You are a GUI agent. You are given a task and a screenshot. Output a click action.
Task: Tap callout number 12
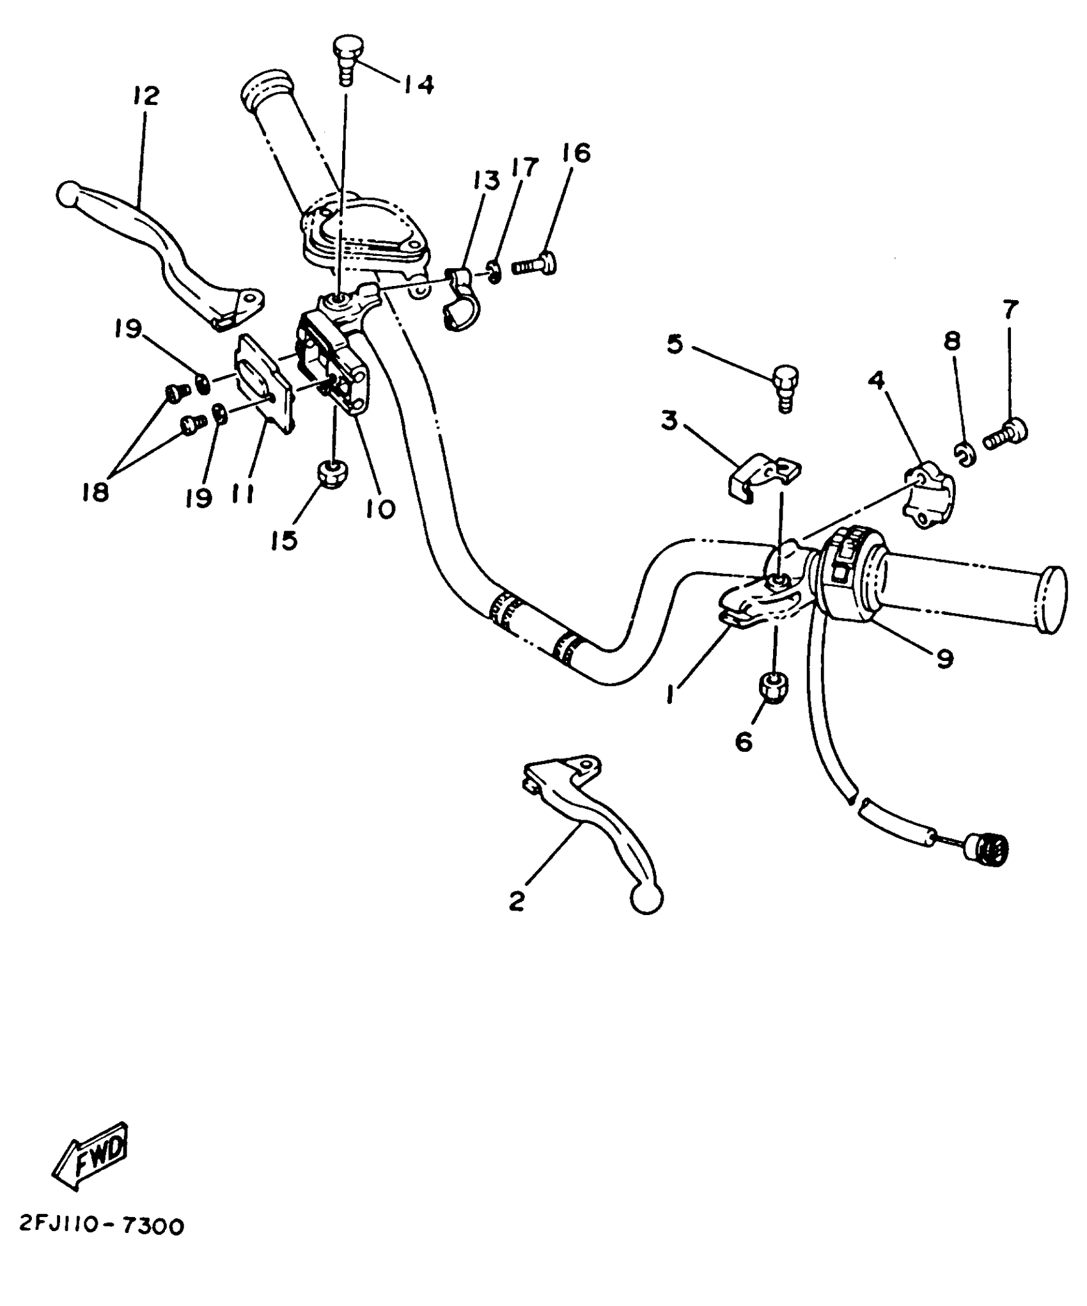point(146,97)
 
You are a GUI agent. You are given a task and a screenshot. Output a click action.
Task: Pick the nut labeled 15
point(331,474)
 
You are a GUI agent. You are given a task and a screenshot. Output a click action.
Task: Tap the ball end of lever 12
point(67,193)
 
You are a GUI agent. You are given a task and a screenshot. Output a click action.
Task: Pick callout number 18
point(97,492)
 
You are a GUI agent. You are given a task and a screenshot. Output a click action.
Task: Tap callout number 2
point(517,900)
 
